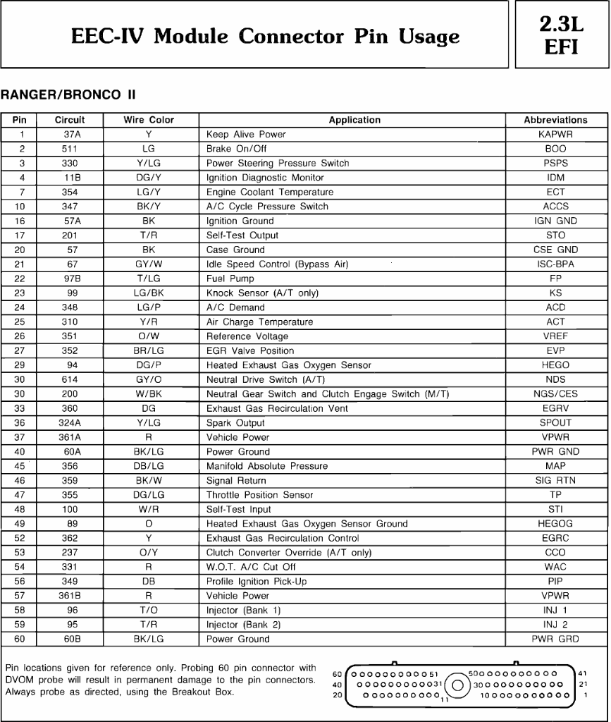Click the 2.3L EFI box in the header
tap(561, 35)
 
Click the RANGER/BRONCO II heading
tap(68, 94)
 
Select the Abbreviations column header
tap(555, 120)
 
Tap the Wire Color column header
tap(149, 120)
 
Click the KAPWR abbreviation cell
tap(555, 135)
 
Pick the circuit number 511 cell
tap(70, 149)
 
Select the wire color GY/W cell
tap(149, 264)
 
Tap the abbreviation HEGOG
tap(555, 524)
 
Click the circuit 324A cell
tap(70, 423)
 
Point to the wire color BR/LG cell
tap(149, 350)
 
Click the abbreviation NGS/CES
tap(555, 394)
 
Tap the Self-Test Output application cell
tap(242, 235)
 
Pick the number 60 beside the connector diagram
tap(337, 673)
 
